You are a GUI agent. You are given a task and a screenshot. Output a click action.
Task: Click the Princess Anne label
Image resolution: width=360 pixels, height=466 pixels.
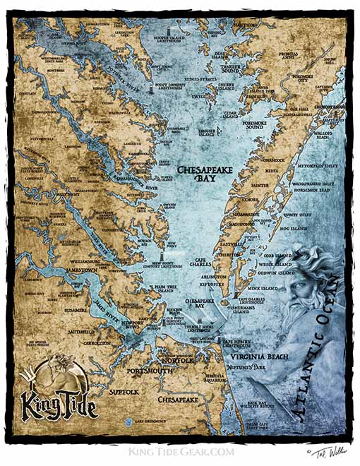pos(292,55)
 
